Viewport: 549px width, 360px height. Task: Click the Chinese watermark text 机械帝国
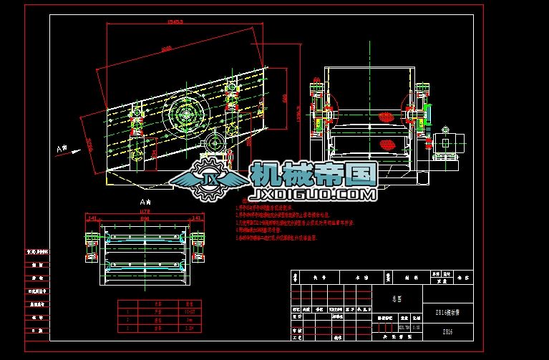pos(314,174)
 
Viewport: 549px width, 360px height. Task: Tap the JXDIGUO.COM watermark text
pos(314,194)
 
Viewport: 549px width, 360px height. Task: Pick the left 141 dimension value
pos(92,217)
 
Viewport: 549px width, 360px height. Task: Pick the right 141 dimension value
pos(196,217)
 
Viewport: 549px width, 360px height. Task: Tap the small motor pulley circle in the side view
pos(213,143)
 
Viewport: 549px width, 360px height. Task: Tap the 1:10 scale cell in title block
pos(415,327)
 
